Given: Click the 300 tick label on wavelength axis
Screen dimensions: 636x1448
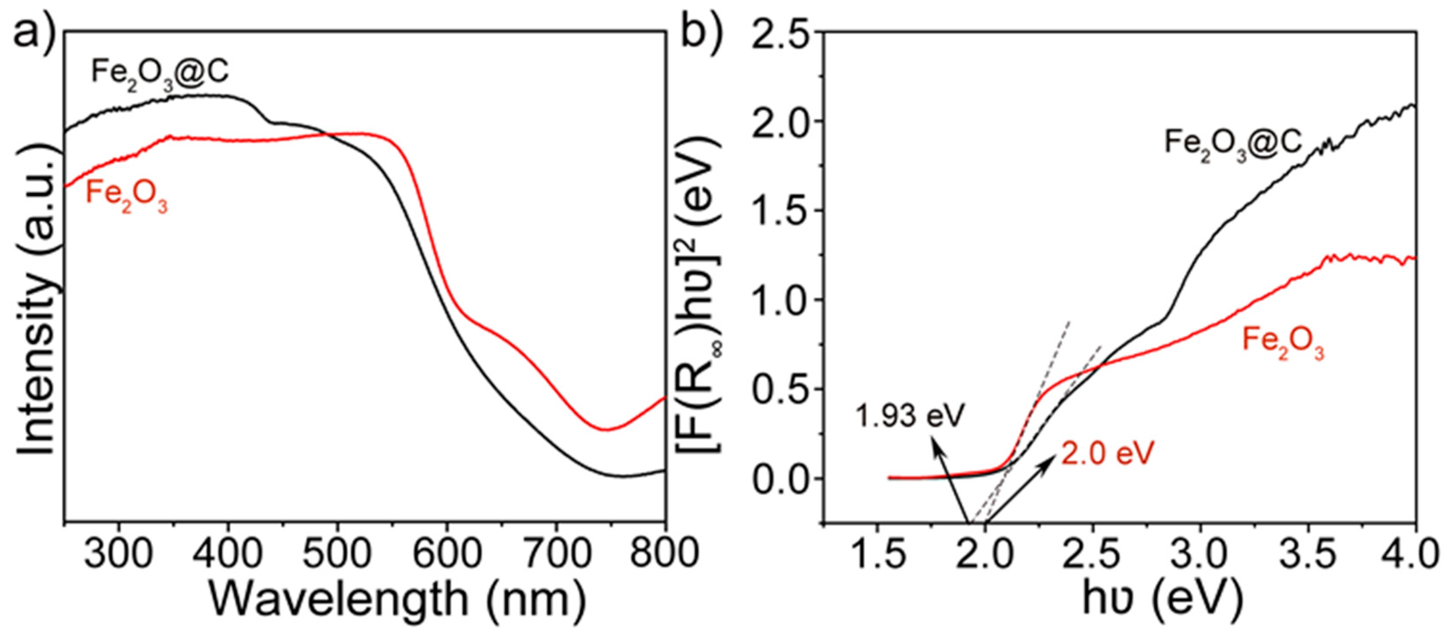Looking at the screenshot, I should coord(118,554).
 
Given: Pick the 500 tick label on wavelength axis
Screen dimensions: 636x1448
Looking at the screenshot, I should coord(337,554).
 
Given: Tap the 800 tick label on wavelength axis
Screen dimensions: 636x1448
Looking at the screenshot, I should coord(663,554).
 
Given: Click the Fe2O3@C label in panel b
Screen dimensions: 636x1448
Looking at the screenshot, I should coord(1233,144).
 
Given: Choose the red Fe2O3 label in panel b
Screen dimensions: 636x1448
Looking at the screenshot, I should coord(1283,341).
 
